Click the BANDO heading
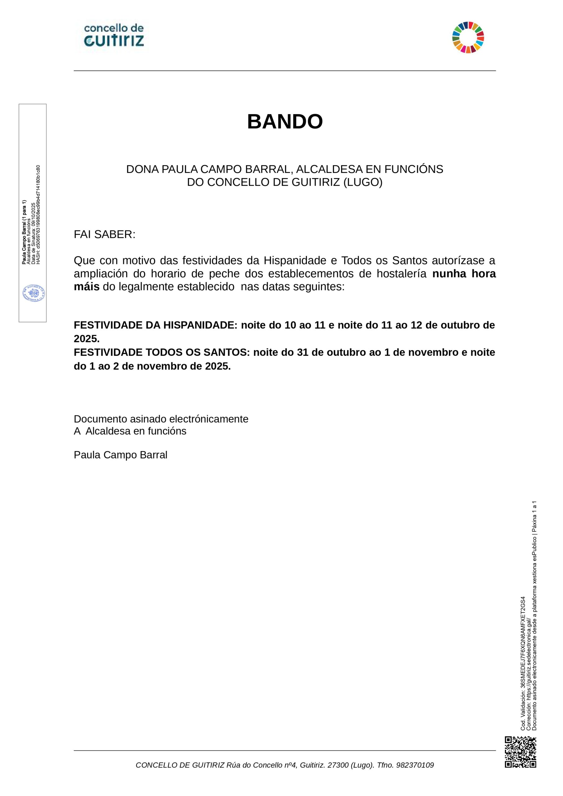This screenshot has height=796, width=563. click(285, 122)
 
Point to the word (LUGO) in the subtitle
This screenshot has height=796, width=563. click(363, 182)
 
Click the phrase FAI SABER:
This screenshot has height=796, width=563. click(104, 234)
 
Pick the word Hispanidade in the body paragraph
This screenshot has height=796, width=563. click(295, 260)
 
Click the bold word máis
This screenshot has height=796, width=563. click(87, 287)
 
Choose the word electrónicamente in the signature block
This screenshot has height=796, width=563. click(209, 419)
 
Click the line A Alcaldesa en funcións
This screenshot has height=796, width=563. click(130, 431)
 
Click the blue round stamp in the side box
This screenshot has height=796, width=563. click(34, 293)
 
